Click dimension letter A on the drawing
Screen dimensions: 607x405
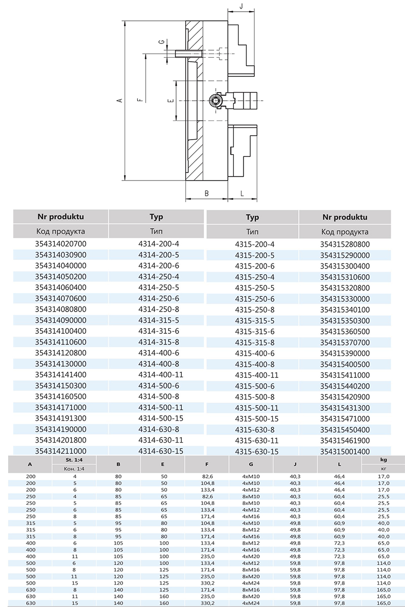(x=119, y=101)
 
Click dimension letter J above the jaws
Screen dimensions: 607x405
(x=241, y=7)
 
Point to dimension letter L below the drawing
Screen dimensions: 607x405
(x=242, y=193)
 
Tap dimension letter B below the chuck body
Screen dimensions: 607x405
(x=206, y=193)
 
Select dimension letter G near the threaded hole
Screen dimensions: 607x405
(x=160, y=42)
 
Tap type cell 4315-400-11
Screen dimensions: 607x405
(x=257, y=375)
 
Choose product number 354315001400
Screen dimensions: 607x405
(x=345, y=452)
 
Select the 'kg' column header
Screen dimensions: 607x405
(x=383, y=460)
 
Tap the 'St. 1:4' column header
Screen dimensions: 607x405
(x=74, y=460)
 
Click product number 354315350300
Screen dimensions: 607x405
(x=345, y=321)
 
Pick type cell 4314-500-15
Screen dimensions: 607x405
(x=160, y=418)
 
